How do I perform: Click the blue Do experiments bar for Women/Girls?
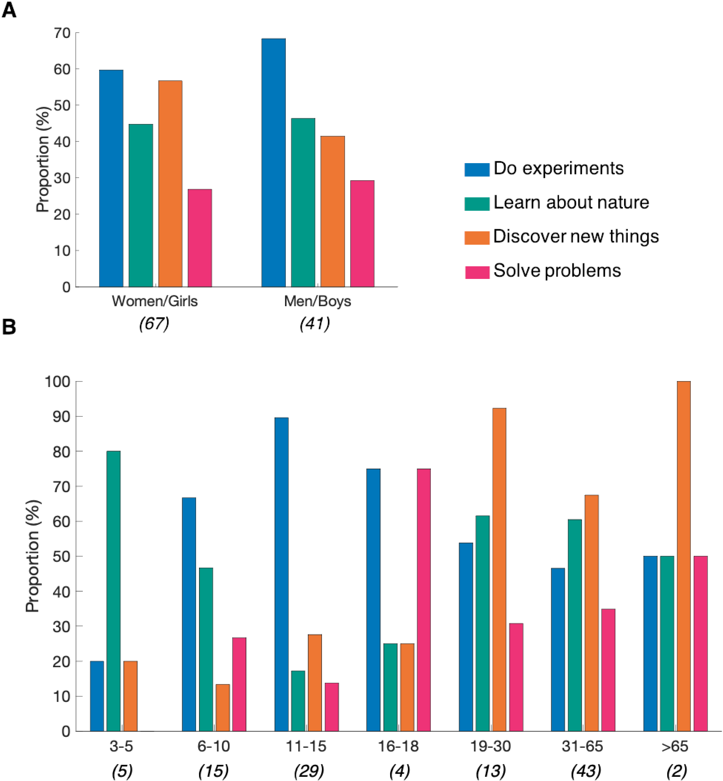click(x=111, y=179)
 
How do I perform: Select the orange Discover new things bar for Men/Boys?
click(x=333, y=211)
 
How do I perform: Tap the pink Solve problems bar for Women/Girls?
click(x=200, y=238)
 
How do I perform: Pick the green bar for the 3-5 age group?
click(x=114, y=591)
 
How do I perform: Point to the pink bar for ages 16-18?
click(x=424, y=600)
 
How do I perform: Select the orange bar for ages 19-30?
click(x=499, y=569)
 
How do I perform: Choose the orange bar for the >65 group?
click(x=684, y=556)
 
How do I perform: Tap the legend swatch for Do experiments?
click(x=477, y=169)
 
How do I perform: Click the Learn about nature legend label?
click(x=571, y=202)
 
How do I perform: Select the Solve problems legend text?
click(x=557, y=270)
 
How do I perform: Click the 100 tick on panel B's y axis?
click(x=58, y=382)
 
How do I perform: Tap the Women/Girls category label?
click(x=155, y=301)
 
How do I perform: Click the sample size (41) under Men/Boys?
click(x=315, y=324)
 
